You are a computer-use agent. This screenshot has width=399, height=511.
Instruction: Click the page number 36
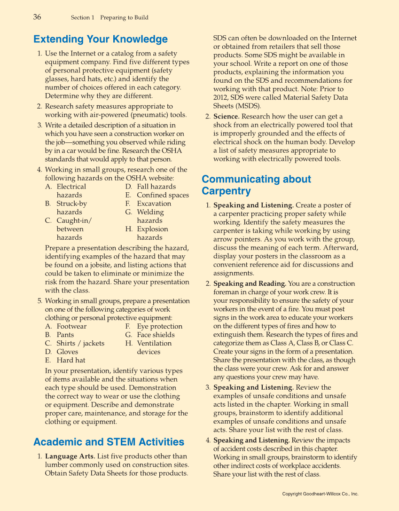tap(37, 17)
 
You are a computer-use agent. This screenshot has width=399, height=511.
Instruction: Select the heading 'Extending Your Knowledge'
tap(101, 39)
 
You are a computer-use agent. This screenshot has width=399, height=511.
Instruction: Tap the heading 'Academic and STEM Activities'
tap(109, 442)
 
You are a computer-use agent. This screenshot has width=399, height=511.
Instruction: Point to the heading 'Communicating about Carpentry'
tap(256, 185)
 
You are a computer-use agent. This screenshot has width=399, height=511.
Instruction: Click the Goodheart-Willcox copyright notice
tap(320, 494)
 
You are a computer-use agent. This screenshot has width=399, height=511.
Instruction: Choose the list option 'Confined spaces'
tap(163, 195)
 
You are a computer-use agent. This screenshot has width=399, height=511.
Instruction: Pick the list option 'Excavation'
tap(154, 204)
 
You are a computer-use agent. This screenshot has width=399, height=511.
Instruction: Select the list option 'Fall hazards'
tap(156, 187)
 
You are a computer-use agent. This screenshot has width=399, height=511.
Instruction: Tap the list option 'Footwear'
tap(71, 326)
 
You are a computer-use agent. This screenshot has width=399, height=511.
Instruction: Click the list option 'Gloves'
tap(67, 352)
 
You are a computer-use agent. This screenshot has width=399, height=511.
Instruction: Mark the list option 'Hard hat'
tap(71, 360)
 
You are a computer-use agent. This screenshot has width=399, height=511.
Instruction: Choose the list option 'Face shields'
tap(156, 335)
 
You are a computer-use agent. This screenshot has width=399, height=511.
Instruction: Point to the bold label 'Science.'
tap(227, 117)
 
